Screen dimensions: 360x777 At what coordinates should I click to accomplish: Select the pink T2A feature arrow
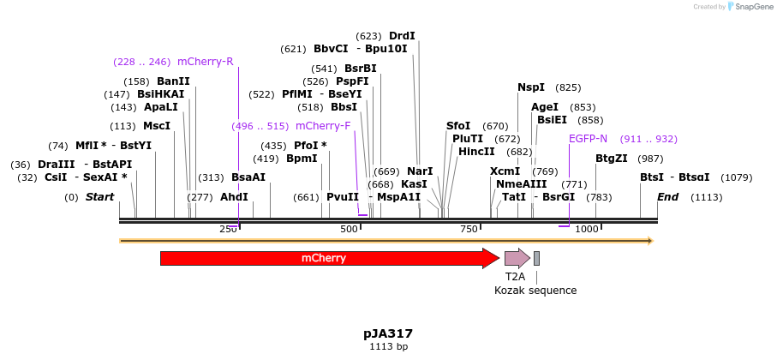pyautogui.click(x=517, y=258)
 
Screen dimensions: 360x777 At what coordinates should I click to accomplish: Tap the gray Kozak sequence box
pyautogui.click(x=536, y=258)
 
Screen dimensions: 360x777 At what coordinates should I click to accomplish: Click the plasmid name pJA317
pyautogui.click(x=388, y=333)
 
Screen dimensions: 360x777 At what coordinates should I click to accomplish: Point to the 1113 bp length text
pyautogui.click(x=388, y=347)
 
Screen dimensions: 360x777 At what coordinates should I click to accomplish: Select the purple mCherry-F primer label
pyautogui.click(x=323, y=126)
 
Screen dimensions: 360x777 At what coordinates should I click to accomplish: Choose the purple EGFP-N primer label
pyautogui.click(x=588, y=139)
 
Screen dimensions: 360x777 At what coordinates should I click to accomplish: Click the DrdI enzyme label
pyautogui.click(x=402, y=36)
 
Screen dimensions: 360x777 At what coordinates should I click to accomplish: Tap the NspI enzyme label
pyautogui.click(x=531, y=87)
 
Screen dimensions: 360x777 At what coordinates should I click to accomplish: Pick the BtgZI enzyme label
pyautogui.click(x=612, y=158)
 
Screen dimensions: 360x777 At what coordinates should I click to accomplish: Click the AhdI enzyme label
pyautogui.click(x=234, y=197)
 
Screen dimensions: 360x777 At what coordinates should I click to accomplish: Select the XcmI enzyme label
pyautogui.click(x=505, y=171)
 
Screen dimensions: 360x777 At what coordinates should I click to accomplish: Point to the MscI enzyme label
pyautogui.click(x=157, y=126)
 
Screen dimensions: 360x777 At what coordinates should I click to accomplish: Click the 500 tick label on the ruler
pyautogui.click(x=350, y=230)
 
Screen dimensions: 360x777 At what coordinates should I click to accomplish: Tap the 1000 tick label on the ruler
pyautogui.click(x=587, y=230)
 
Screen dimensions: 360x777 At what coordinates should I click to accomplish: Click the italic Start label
pyautogui.click(x=99, y=197)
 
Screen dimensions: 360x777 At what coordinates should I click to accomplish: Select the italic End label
pyautogui.click(x=668, y=197)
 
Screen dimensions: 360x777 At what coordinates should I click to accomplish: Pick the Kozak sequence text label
pyautogui.click(x=535, y=291)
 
